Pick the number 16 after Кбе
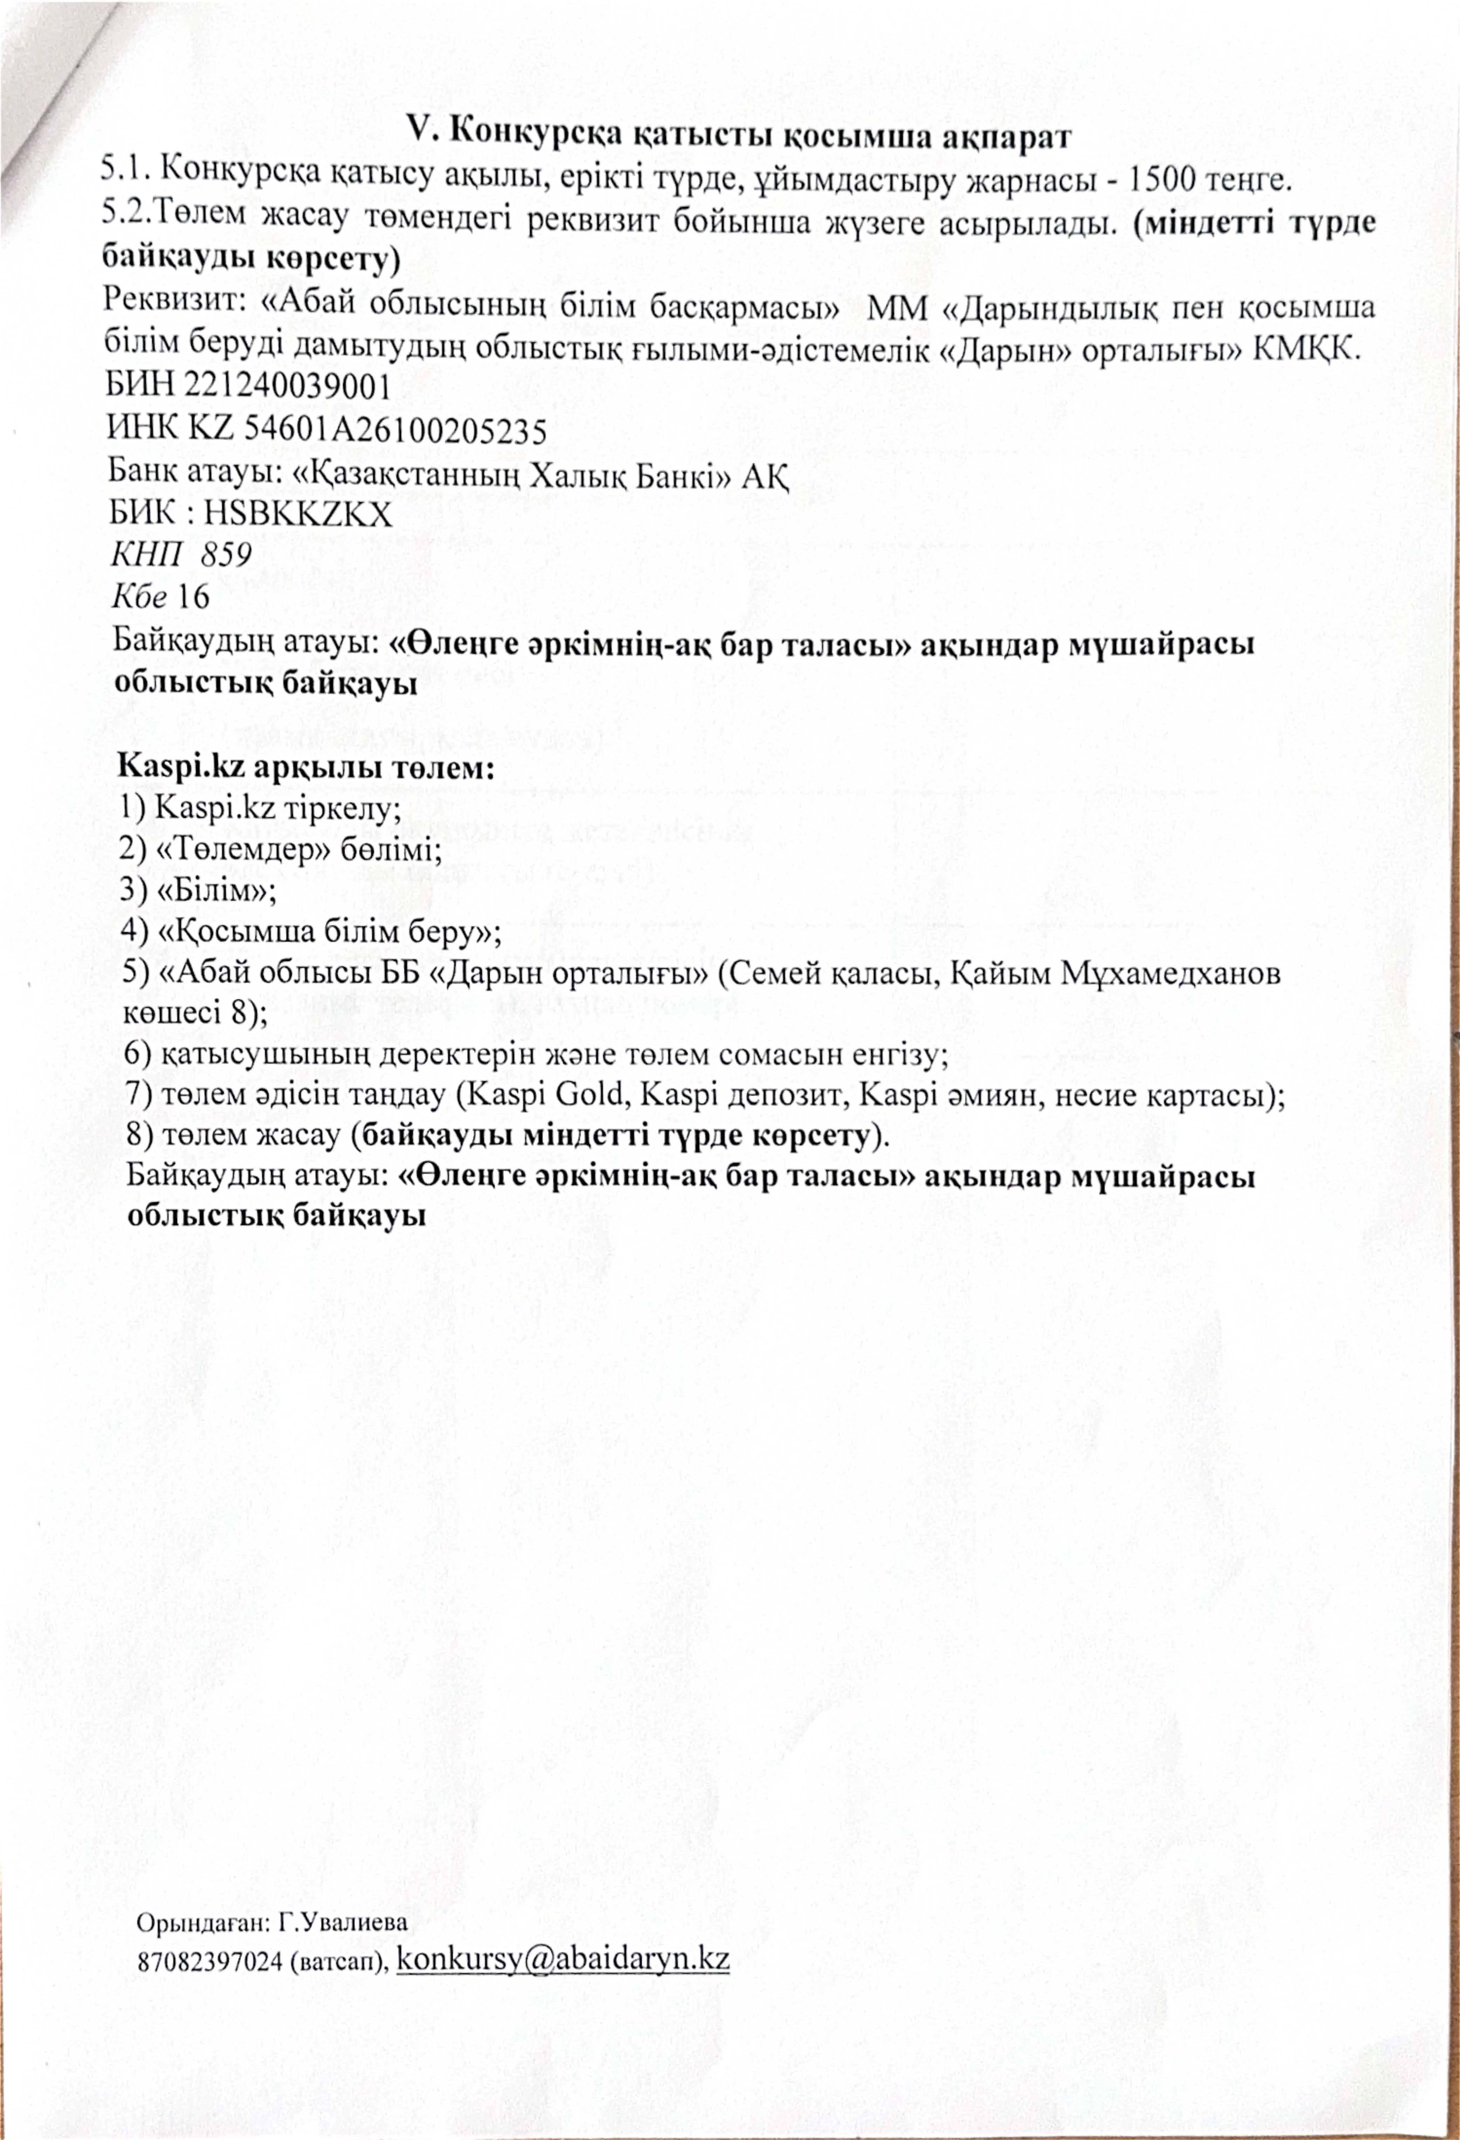[194, 597]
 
